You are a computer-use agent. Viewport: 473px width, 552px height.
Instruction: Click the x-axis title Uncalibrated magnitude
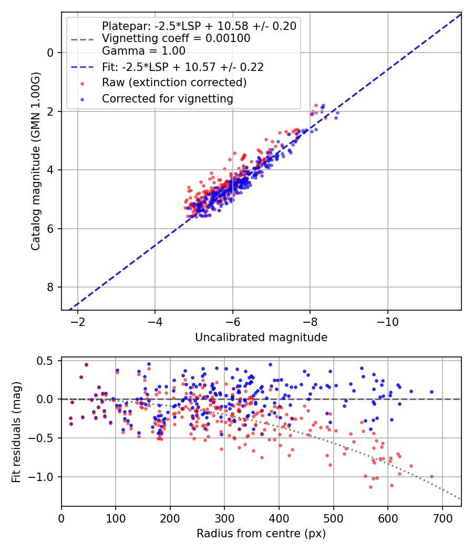pos(261,338)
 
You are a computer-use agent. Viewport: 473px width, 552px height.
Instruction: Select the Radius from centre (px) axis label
pos(261,534)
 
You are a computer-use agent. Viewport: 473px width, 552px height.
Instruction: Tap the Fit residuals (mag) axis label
pos(16,432)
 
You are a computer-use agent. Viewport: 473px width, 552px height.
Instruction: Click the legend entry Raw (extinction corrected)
pos(174,83)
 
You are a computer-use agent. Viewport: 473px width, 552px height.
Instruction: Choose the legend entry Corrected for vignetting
pos(168,98)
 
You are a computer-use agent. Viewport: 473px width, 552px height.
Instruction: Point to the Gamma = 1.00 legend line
pos(143,51)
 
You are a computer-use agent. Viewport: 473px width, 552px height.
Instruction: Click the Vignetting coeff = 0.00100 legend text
pos(176,38)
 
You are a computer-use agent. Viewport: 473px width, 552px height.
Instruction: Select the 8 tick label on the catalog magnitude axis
pos(50,287)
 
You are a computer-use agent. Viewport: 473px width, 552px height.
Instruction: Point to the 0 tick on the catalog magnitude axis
pos(50,53)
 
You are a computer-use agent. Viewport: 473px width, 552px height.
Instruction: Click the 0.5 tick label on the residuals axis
pos(47,361)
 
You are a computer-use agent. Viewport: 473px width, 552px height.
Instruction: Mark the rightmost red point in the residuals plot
pos(431,476)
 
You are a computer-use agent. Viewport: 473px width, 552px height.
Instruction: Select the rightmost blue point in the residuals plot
pos(431,392)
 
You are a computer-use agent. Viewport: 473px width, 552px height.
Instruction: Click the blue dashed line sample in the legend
pos(82,67)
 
